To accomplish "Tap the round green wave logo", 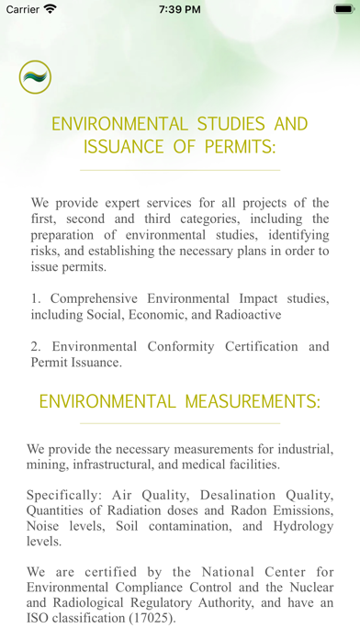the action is pos(35,77).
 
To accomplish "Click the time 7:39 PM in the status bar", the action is pos(179,9).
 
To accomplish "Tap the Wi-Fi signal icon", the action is pos(50,9).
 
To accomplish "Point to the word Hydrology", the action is pos(295,526).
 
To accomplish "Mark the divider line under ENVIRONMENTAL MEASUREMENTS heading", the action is pos(180,423).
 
